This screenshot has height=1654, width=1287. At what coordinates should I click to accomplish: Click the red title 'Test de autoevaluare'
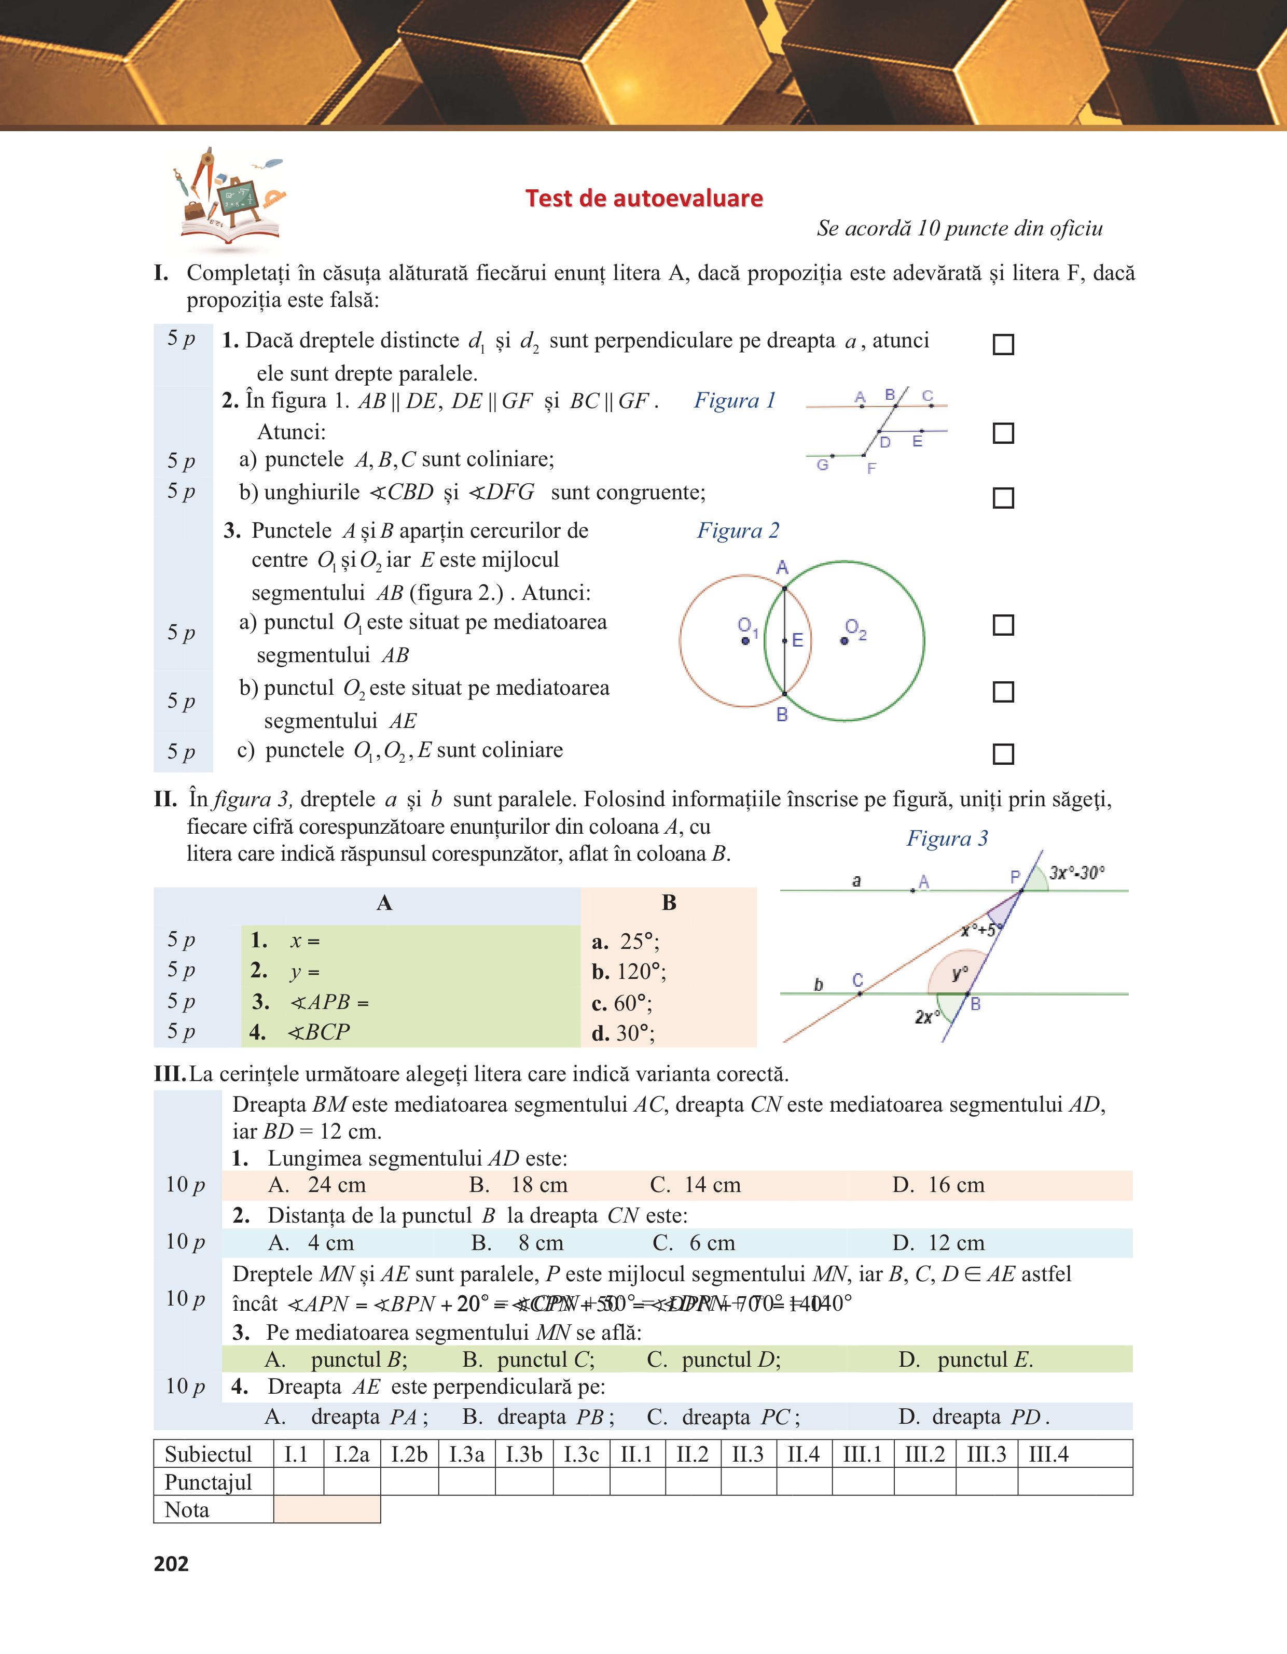pos(644,199)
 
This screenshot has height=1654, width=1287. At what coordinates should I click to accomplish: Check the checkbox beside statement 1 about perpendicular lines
pos(1003,345)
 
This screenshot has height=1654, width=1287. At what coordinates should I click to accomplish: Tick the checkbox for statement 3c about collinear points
pos(1003,753)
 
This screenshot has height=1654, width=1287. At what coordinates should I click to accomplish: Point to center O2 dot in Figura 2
pos(845,641)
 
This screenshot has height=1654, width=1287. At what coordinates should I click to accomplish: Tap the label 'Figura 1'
pos(735,401)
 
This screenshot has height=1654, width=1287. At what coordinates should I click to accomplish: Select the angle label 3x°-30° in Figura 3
pos(1076,873)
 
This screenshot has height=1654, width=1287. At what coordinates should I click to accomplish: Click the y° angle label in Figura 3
pos(960,973)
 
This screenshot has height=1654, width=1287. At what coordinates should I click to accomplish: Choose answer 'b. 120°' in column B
pos(629,972)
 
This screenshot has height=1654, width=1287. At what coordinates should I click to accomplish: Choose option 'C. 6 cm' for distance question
pos(694,1243)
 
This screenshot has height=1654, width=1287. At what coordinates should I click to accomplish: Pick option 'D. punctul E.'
pos(966,1359)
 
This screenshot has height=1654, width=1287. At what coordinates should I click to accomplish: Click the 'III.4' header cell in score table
pos(1048,1454)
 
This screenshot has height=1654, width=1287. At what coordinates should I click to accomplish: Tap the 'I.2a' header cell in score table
pos(352,1454)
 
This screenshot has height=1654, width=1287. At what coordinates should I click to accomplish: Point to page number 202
pos(171,1564)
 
